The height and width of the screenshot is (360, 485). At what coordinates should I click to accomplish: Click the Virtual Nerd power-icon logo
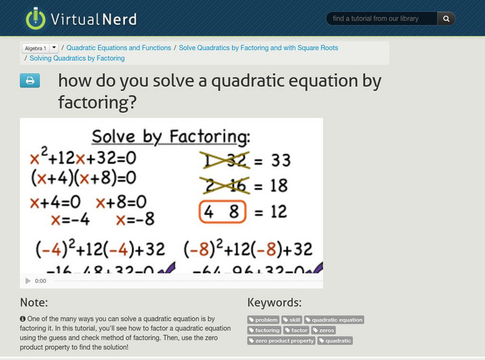click(x=36, y=19)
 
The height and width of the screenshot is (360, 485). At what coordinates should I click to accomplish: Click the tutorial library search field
click(x=382, y=19)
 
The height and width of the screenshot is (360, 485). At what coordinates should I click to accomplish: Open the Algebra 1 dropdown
click(x=40, y=48)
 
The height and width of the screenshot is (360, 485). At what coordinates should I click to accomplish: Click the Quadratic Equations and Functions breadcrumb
click(x=119, y=48)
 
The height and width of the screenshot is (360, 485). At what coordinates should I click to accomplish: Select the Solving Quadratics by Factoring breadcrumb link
click(x=77, y=59)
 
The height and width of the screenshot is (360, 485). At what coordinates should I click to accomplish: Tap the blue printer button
click(x=30, y=81)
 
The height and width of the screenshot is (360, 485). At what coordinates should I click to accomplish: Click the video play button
click(x=28, y=281)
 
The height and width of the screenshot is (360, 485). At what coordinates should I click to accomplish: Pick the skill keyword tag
click(x=292, y=320)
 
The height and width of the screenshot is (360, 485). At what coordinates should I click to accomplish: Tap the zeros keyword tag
click(x=323, y=330)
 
